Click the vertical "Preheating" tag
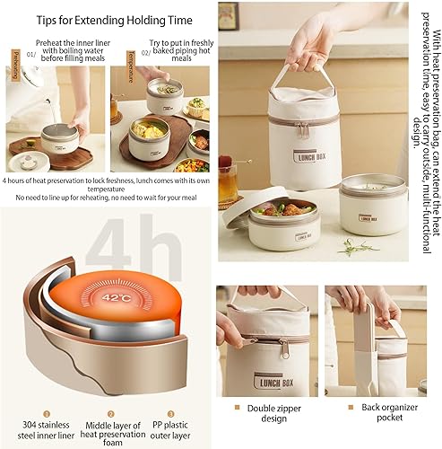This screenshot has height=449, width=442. [13, 73]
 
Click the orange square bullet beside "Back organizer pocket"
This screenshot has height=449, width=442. [350, 407]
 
